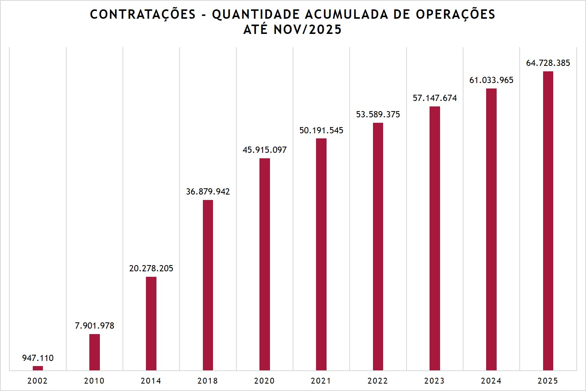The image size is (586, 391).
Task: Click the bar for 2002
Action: click(x=38, y=368)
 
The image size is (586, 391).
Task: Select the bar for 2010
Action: click(x=94, y=352)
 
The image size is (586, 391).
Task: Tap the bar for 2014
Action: click(x=151, y=323)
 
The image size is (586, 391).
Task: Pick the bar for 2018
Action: click(x=208, y=285)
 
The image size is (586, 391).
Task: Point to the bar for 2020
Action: click(x=265, y=264)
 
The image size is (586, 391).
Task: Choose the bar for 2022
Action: click(x=378, y=246)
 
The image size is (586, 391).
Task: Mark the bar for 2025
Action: click(x=548, y=221)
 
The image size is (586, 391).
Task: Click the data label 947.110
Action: click(x=38, y=358)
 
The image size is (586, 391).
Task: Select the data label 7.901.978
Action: click(x=94, y=326)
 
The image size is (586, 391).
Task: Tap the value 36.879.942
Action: click(x=208, y=191)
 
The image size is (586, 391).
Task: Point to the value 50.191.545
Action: click(x=321, y=130)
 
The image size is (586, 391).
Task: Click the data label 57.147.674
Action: click(x=435, y=98)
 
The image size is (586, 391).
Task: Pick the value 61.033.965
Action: click(x=491, y=80)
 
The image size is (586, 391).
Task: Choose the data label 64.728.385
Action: click(x=548, y=63)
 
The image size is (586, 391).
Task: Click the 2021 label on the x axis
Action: click(x=321, y=380)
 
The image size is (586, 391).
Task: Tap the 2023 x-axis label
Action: click(x=434, y=380)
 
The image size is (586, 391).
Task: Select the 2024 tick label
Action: click(x=491, y=380)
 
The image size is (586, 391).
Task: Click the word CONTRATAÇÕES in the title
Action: click(x=143, y=14)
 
